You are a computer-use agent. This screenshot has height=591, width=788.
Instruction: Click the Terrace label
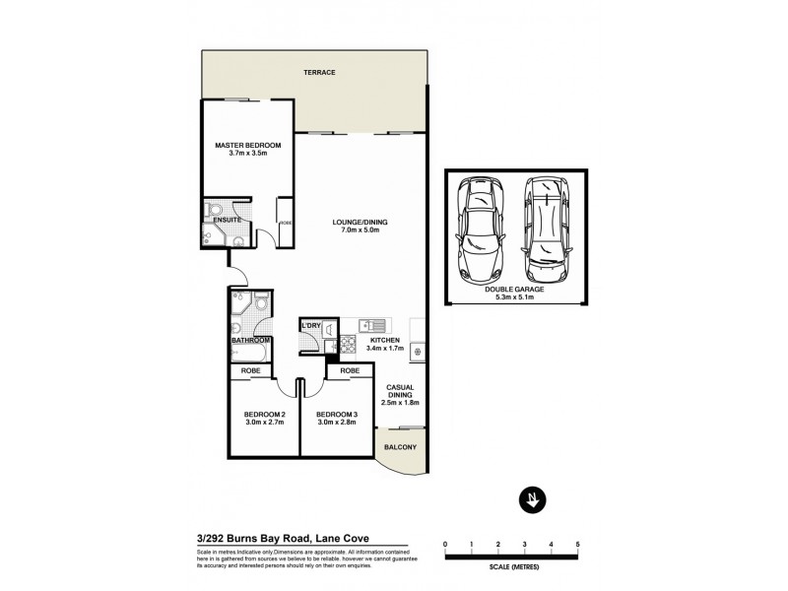(320, 73)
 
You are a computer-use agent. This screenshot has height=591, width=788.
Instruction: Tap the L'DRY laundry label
(311, 326)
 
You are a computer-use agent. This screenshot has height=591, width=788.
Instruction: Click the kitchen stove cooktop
(347, 344)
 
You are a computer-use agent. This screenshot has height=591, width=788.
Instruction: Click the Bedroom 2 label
(264, 414)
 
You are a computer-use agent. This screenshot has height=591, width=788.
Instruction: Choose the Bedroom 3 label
(337, 414)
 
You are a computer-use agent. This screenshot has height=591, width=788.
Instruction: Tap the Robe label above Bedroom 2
(251, 371)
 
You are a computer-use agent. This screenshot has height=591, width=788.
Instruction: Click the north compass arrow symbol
(531, 499)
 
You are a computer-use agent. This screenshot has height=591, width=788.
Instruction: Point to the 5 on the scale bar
(577, 543)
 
